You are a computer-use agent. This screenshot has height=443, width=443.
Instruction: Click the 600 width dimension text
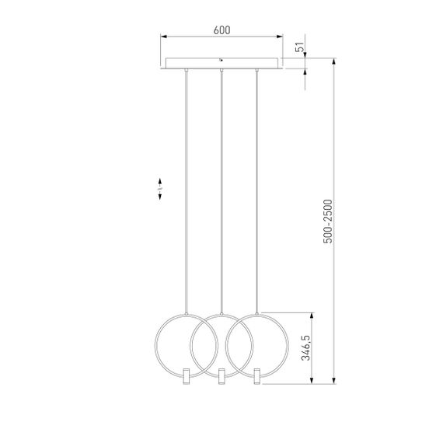coord(221,30)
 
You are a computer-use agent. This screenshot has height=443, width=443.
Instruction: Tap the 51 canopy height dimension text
coord(299,47)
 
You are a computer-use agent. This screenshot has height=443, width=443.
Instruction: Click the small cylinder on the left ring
coord(186,376)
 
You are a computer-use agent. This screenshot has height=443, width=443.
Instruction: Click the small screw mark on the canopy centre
coord(221,58)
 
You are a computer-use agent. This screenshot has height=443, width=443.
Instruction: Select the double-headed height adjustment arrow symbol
coord(159,190)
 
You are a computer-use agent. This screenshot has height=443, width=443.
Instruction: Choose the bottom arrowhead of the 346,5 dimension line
coord(312,380)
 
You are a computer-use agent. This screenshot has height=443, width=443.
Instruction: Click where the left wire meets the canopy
coord(187,70)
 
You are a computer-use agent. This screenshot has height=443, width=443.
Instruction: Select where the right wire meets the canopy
coord(256,70)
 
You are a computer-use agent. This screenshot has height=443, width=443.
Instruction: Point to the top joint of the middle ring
coord(221,314)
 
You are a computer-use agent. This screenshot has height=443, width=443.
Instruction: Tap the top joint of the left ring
coord(187,314)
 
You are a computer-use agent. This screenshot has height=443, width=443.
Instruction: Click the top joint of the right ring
coord(256,314)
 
